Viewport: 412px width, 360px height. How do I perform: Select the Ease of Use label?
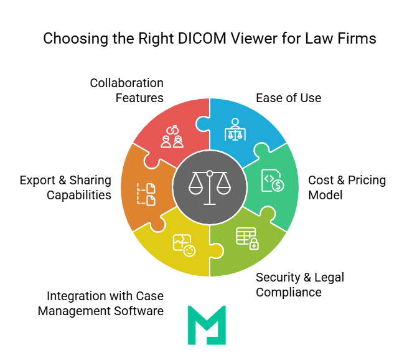[x=289, y=98]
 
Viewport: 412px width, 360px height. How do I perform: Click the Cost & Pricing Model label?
[x=347, y=187]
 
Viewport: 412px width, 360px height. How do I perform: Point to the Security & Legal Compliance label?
[x=300, y=285]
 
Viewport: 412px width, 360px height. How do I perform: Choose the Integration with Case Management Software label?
[x=101, y=303]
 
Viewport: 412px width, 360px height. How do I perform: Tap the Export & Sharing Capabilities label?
[x=65, y=187]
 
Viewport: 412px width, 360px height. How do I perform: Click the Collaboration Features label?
[x=126, y=90]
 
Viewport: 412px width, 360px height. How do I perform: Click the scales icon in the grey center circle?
[x=210, y=187]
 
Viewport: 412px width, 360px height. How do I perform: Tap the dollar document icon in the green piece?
[x=272, y=180]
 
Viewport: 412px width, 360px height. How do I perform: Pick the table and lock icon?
[x=247, y=238]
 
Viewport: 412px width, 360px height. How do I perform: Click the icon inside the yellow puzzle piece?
[x=184, y=245]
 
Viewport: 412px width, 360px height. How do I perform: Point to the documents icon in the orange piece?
[x=146, y=194]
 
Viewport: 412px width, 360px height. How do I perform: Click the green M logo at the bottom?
[x=207, y=324]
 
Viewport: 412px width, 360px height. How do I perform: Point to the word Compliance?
[x=288, y=292]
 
